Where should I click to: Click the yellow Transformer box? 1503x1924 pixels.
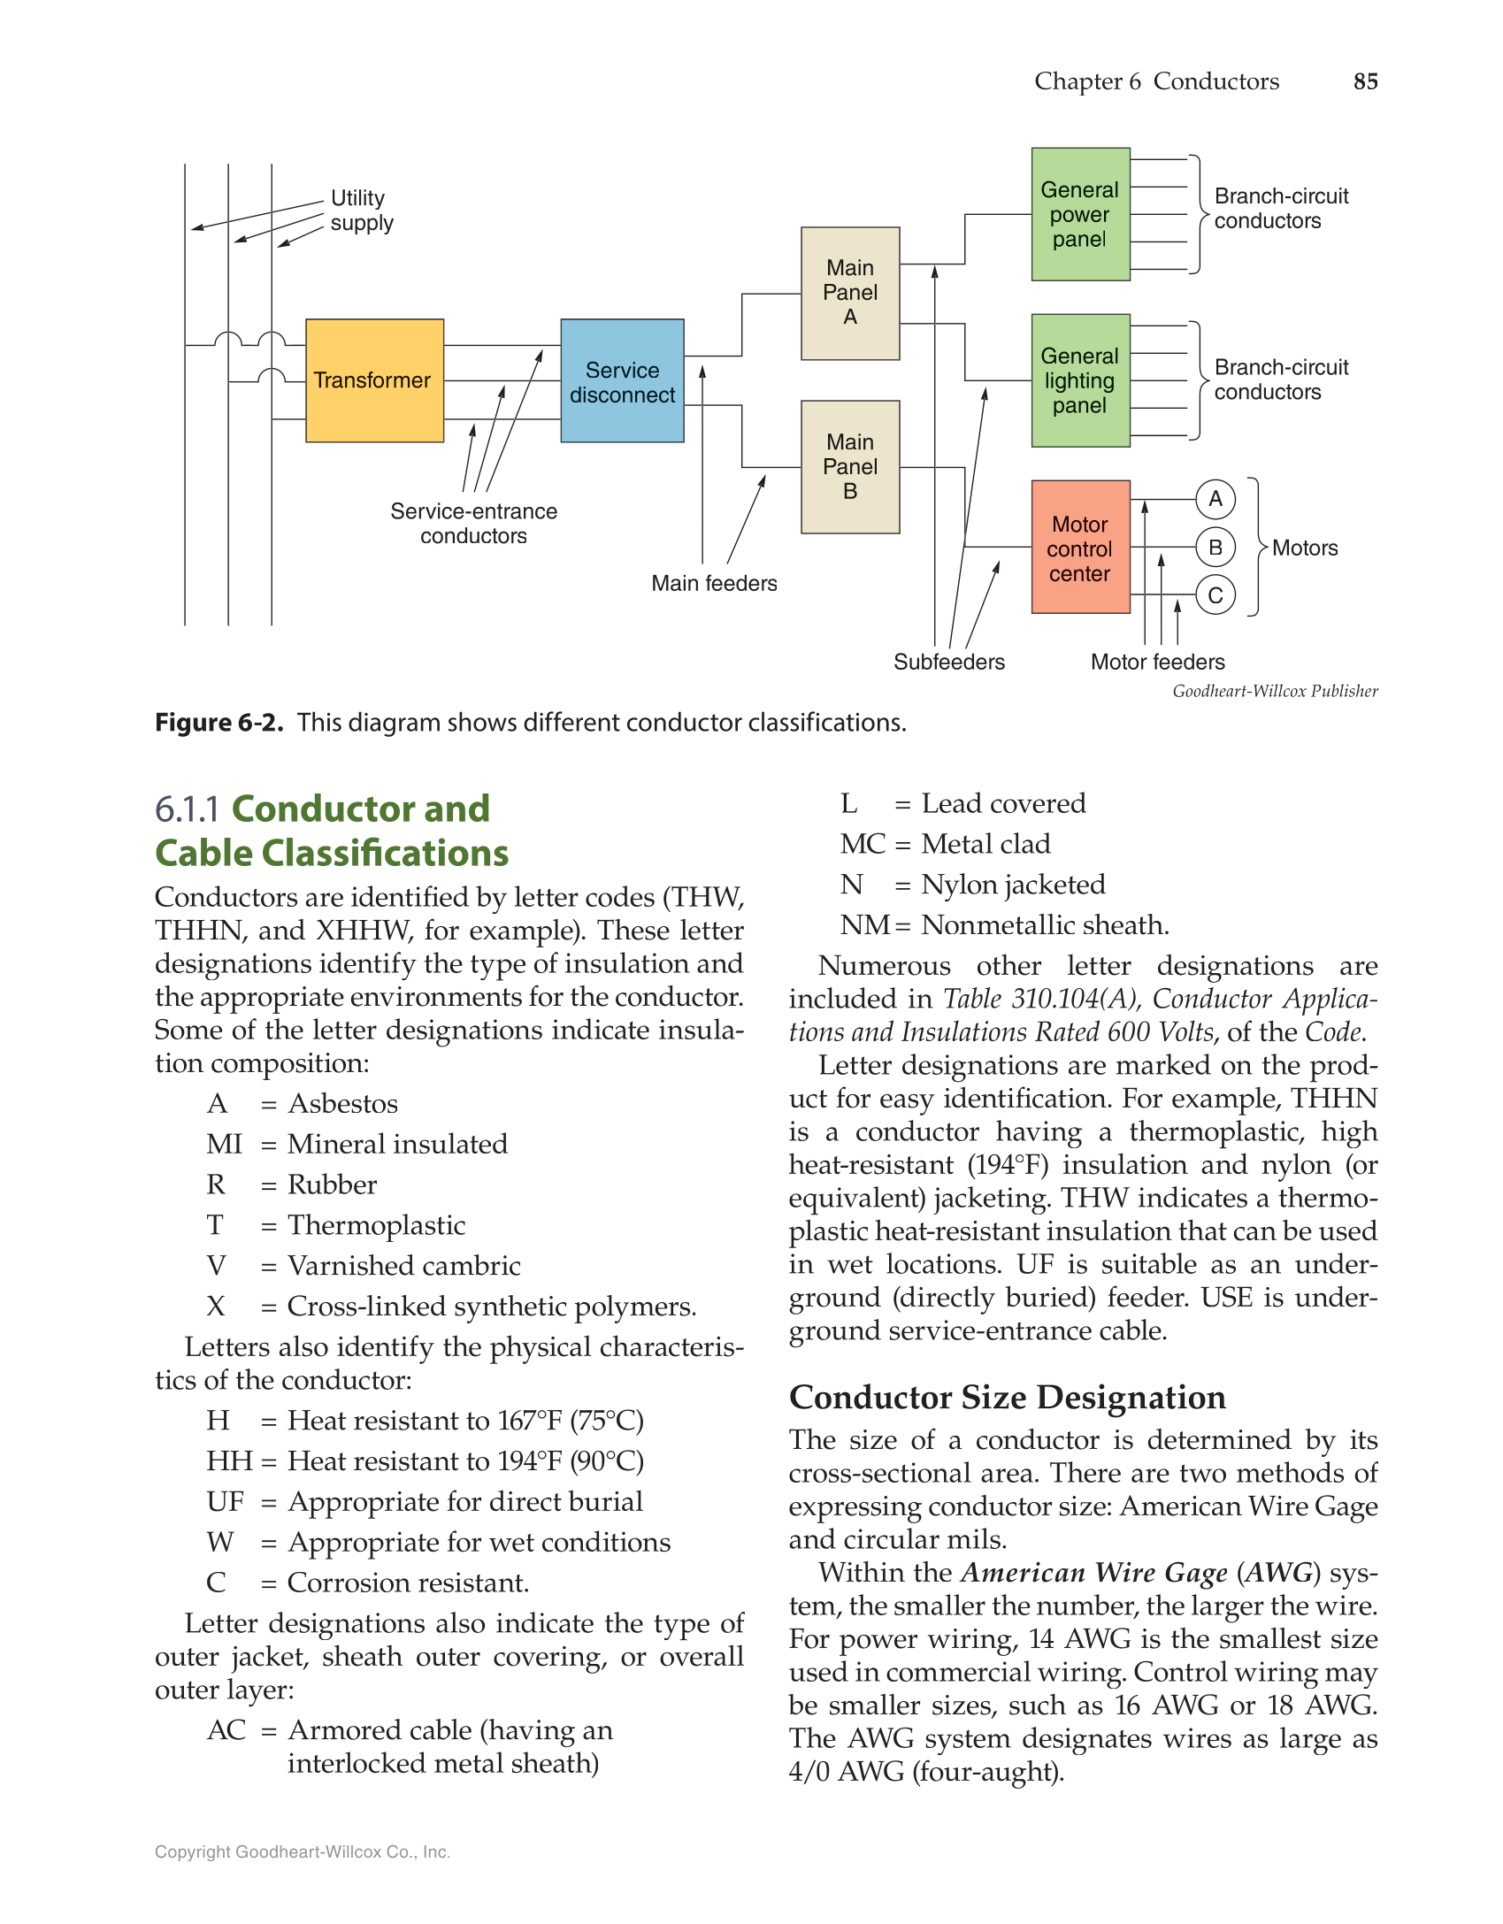point(374,380)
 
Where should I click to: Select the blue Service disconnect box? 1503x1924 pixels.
point(622,381)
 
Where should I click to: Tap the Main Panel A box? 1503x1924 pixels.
point(850,293)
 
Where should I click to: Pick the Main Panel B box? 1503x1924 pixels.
point(850,467)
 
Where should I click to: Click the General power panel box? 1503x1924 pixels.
point(1080,214)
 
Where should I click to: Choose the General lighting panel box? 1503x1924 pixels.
point(1080,380)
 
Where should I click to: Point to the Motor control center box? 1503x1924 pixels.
point(1080,548)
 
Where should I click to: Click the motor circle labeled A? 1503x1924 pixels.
point(1215,499)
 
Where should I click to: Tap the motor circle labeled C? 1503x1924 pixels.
point(1215,595)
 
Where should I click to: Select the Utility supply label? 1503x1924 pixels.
point(361,211)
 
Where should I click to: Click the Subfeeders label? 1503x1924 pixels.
point(948,662)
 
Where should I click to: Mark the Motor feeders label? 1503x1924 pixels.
point(1157,662)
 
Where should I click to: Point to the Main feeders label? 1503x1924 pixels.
point(714,584)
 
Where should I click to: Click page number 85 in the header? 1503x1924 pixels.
point(1365,81)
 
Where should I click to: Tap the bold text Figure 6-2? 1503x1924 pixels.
point(219,723)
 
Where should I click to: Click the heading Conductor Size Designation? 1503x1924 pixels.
point(1007,1397)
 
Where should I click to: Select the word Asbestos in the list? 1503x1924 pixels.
point(343,1104)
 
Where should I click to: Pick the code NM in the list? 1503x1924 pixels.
point(864,925)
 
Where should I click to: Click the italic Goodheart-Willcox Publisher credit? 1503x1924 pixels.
point(1275,691)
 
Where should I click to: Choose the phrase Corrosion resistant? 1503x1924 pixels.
point(408,1583)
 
